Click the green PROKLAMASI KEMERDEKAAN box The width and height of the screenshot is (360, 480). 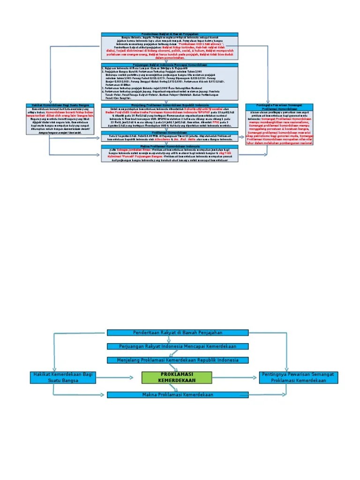point(177,377)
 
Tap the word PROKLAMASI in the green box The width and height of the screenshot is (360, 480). point(177,375)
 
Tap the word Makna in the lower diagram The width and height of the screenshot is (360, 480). point(150,395)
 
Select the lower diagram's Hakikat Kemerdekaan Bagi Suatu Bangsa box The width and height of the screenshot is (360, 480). point(61,377)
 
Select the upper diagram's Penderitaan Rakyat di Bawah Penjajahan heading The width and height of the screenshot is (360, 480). point(169,34)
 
